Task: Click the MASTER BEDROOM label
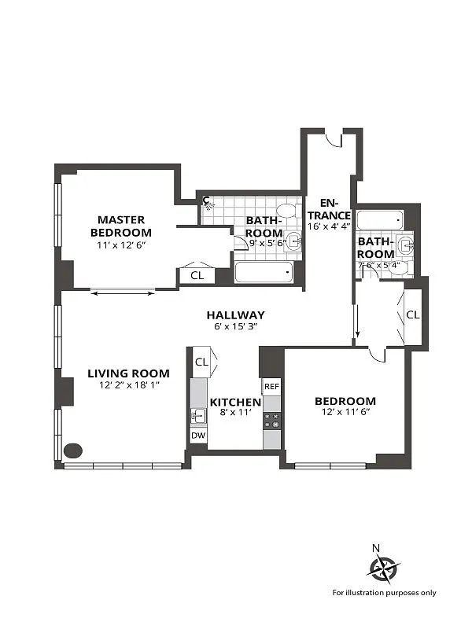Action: [x=121, y=226]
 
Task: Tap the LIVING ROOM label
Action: [x=128, y=373]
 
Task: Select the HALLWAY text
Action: [x=235, y=315]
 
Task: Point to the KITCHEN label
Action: [x=235, y=402]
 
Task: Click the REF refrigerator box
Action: [x=271, y=387]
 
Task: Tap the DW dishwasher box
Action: [x=198, y=436]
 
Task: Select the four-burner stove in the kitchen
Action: [x=271, y=421]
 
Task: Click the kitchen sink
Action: [x=198, y=416]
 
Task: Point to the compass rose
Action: [x=385, y=568]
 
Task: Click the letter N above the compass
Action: [x=376, y=548]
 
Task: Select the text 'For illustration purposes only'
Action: [x=384, y=593]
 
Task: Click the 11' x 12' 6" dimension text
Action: [x=121, y=245]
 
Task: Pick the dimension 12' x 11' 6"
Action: [x=345, y=412]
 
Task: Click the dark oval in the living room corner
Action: [x=73, y=451]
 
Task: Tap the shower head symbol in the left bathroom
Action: [x=208, y=203]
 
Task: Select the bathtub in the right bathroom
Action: [x=380, y=220]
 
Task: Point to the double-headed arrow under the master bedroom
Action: [x=123, y=293]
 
